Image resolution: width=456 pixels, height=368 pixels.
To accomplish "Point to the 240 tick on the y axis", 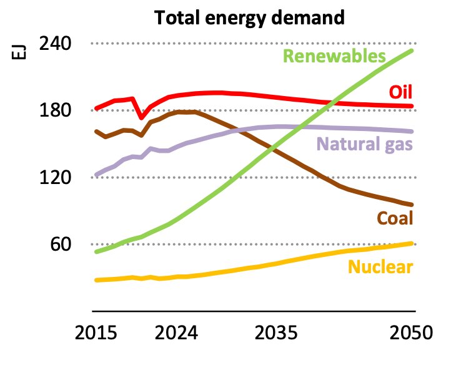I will pyautogui.click(x=56, y=44).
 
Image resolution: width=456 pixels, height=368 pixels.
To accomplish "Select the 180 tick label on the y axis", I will pyautogui.click(x=56, y=110).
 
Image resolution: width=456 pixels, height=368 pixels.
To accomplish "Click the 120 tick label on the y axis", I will pyautogui.click(x=56, y=177).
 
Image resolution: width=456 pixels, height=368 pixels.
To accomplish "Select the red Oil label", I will pyautogui.click(x=400, y=92).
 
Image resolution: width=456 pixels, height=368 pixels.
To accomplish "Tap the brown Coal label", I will pyautogui.click(x=395, y=218).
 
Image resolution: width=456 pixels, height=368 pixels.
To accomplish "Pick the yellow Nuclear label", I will pyautogui.click(x=380, y=268).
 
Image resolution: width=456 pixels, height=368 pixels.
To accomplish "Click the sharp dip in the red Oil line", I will pyautogui.click(x=141, y=117).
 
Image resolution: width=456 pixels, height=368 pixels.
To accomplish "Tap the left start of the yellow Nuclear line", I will pyautogui.click(x=96, y=280).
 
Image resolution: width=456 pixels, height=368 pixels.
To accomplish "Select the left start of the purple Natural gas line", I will pyautogui.click(x=96, y=175).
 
